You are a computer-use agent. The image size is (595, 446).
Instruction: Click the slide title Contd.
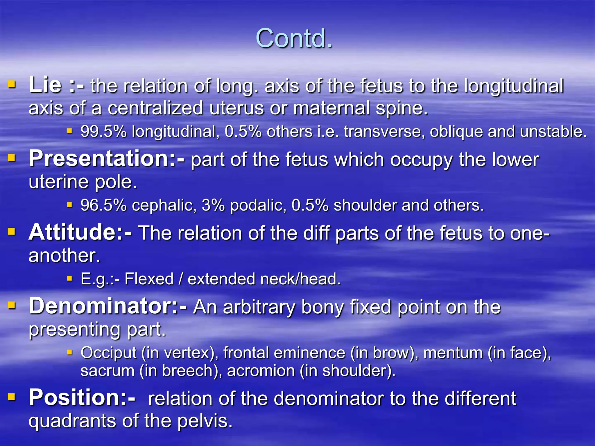coord(294,39)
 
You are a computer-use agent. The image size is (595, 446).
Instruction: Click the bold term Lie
coord(45,85)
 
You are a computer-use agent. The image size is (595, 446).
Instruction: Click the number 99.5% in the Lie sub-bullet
coord(103,131)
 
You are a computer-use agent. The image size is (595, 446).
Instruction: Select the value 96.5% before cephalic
coord(103,205)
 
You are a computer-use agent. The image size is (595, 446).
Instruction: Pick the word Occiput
coord(108,353)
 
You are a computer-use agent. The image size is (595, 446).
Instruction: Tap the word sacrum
coord(107,371)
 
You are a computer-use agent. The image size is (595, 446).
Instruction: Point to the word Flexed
coord(149,279)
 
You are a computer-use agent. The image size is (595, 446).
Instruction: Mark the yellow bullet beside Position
coord(11,397)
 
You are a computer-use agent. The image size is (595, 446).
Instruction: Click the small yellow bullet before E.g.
coord(69,279)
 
